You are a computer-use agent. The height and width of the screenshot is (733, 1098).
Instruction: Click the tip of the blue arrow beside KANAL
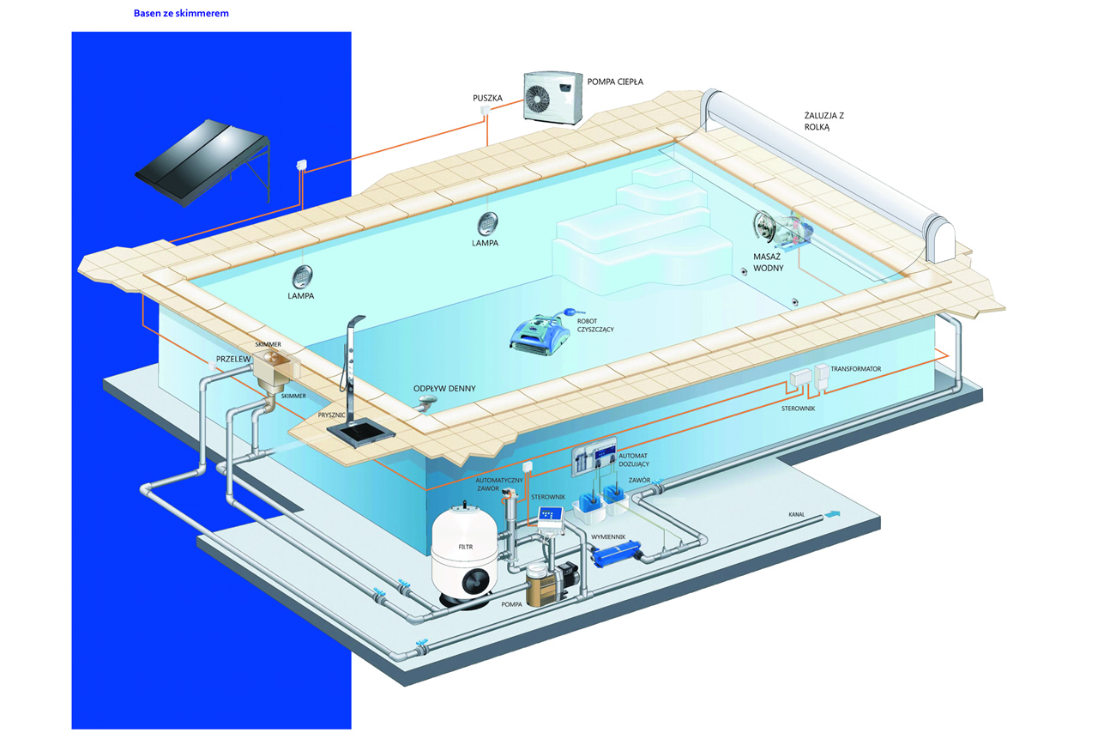[841, 512]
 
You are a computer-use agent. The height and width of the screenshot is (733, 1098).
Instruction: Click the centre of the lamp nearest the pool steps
[488, 224]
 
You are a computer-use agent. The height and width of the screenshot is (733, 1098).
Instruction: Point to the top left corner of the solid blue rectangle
[71, 33]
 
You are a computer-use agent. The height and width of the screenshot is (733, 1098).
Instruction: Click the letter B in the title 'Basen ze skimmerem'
[136, 13]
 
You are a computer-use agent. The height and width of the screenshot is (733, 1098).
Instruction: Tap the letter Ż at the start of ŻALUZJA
[808, 115]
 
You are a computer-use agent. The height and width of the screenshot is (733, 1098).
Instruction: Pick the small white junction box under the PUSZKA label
[486, 110]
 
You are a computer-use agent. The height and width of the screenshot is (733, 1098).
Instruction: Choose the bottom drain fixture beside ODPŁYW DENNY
[427, 403]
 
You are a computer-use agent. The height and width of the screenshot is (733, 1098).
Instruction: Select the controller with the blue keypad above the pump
[551, 520]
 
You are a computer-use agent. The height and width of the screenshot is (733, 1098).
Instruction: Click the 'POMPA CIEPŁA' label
[615, 82]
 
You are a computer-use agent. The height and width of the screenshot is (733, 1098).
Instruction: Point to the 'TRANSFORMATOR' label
[856, 369]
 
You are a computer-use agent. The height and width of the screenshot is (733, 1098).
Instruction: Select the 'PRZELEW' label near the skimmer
[233, 359]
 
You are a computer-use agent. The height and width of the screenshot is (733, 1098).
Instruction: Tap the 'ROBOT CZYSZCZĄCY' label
[595, 325]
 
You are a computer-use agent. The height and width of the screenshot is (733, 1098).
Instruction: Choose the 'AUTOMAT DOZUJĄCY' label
[633, 460]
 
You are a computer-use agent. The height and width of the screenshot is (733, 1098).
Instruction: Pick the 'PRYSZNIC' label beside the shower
[331, 415]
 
